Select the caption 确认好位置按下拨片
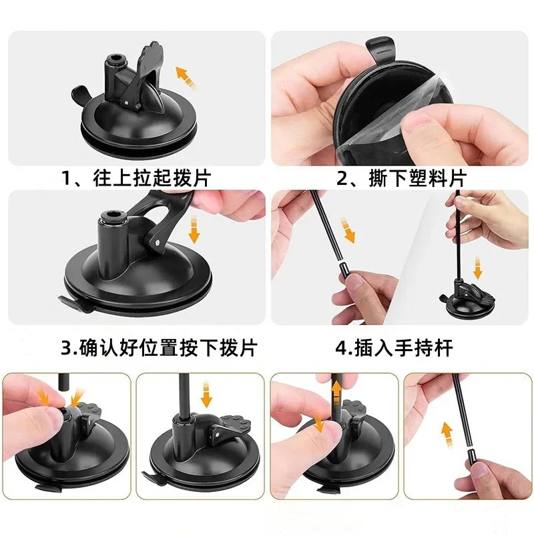(159, 348)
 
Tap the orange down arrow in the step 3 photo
(194, 230)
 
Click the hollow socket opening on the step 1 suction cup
(115, 62)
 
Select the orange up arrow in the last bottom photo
(447, 431)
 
